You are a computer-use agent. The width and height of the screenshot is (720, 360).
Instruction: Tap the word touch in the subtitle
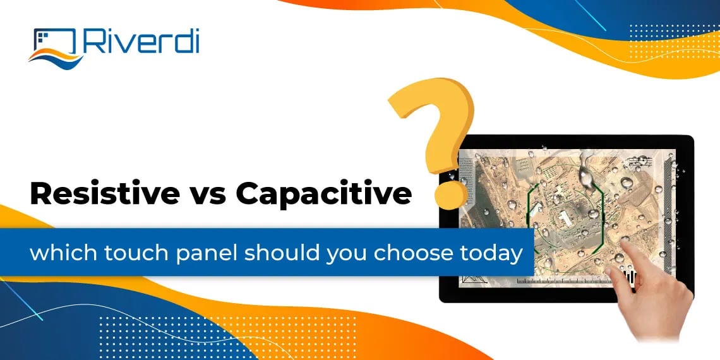click(x=129, y=254)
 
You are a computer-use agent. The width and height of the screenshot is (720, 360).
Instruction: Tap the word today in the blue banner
click(x=492, y=254)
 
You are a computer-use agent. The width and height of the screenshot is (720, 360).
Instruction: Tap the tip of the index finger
click(x=609, y=268)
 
